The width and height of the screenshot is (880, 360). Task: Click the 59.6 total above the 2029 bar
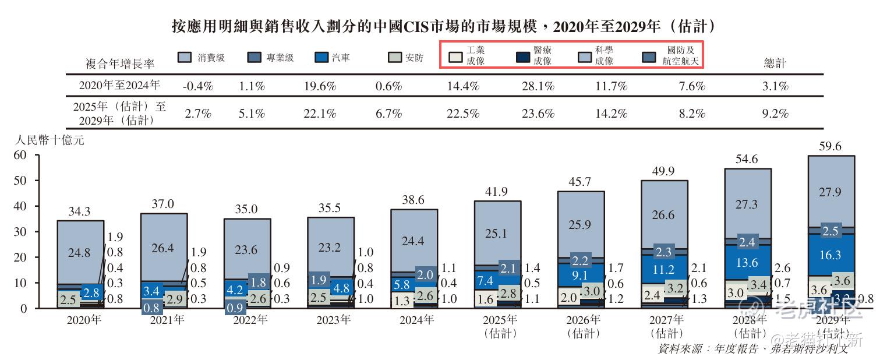[830, 147]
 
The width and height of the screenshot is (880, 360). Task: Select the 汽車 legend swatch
[321, 57]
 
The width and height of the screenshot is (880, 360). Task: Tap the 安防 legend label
[414, 58]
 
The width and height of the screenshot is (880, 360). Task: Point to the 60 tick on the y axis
[20, 155]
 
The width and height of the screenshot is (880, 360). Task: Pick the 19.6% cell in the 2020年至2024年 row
[320, 86]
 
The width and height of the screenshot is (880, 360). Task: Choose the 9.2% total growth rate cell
[775, 114]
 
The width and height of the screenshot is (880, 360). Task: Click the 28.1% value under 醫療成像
[538, 86]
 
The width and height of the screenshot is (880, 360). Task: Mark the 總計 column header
[775, 63]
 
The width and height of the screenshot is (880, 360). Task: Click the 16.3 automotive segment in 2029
[830, 255]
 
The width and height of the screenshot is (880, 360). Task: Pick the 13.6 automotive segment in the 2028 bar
[747, 263]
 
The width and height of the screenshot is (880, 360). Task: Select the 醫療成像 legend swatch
[522, 57]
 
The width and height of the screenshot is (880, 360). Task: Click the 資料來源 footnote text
[752, 348]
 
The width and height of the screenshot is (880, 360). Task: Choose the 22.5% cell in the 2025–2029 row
[463, 114]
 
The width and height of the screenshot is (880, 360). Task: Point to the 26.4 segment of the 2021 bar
[163, 248]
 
